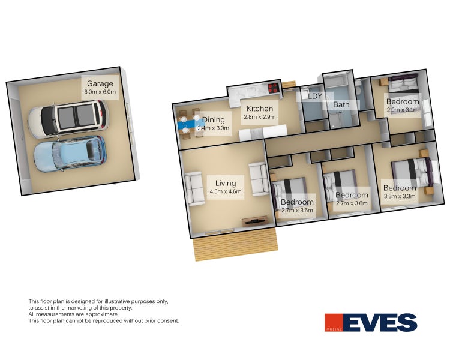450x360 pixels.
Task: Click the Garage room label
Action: tap(100, 83)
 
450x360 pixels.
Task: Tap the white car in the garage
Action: tap(68, 119)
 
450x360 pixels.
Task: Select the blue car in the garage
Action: tap(70, 154)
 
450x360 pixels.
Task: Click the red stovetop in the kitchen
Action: tap(273, 88)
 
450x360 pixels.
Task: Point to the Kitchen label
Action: tap(260, 109)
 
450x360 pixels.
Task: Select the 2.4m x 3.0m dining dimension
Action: tap(213, 128)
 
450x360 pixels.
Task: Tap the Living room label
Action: tap(226, 183)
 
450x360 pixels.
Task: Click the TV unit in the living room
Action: tap(255, 221)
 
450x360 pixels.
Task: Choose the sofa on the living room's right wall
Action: tap(259, 179)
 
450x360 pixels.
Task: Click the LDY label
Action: tap(315, 96)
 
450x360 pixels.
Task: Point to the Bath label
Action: tap(341, 104)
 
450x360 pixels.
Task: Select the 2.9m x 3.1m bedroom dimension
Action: tap(403, 110)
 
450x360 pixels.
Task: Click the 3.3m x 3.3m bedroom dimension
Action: tap(400, 196)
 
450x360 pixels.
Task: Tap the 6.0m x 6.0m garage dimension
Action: tap(100, 92)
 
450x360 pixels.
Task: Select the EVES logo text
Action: tap(380, 322)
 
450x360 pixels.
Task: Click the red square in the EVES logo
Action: tap(334, 322)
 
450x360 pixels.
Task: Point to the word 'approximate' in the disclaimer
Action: tap(102, 314)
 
